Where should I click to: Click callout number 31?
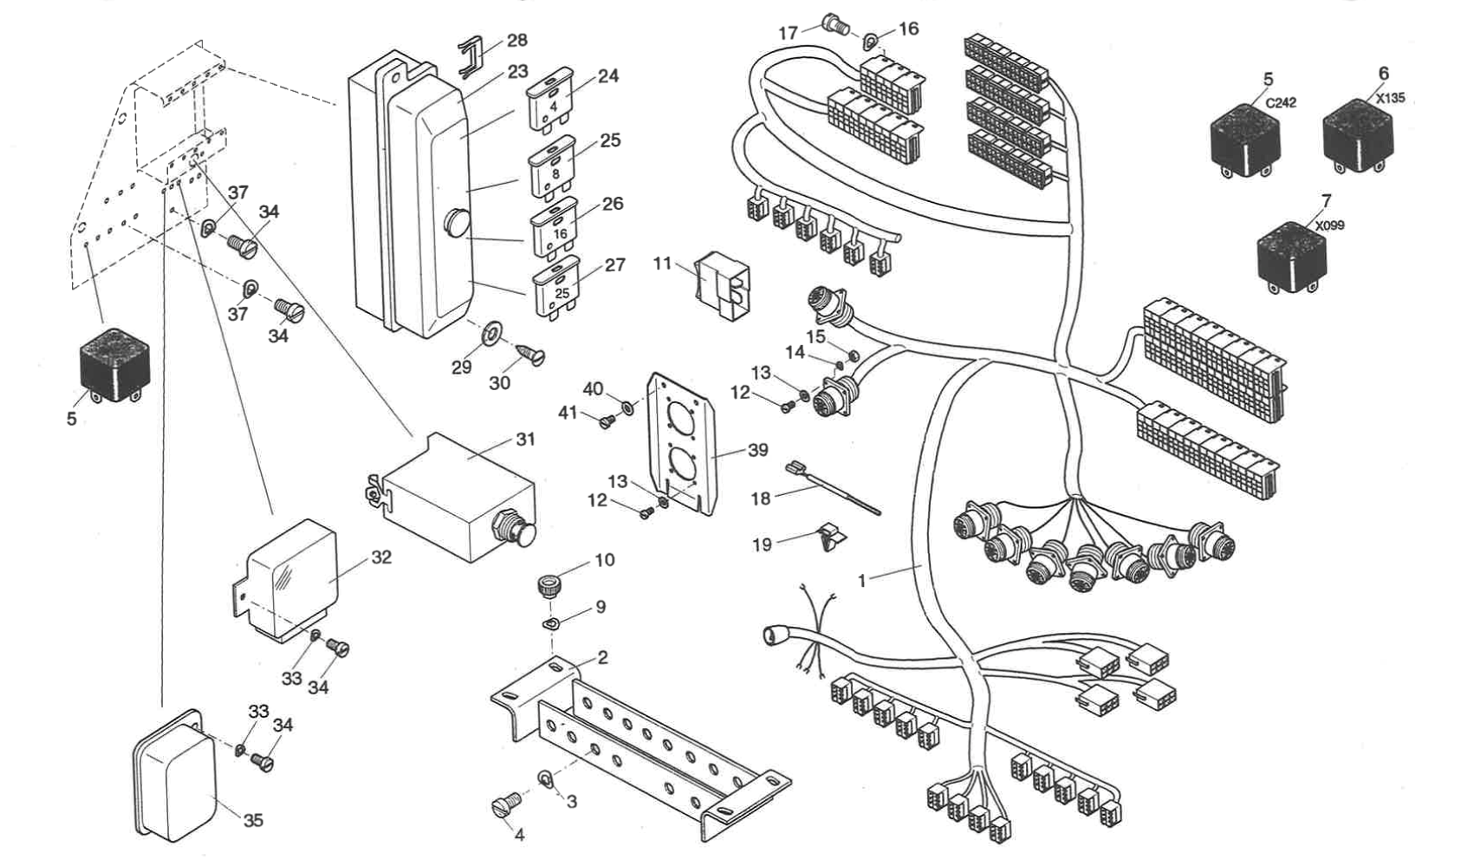tap(525, 440)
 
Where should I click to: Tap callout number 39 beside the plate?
tap(757, 450)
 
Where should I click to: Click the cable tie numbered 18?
tap(832, 490)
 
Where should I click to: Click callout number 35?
tap(252, 820)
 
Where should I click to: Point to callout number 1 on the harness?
tap(861, 580)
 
